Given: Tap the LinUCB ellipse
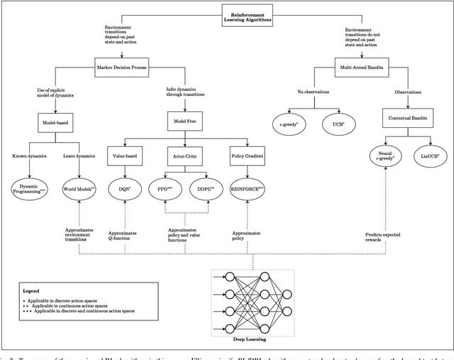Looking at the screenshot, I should pos(428,156).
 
